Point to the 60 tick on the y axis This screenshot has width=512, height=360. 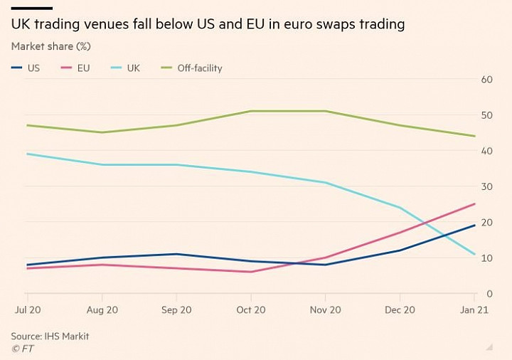coord(487,79)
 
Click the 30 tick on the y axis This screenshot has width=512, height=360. coord(487,186)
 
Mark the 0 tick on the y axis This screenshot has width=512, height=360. coord(490,294)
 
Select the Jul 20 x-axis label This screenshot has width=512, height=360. coord(26,310)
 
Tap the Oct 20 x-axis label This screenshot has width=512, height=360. coord(250,310)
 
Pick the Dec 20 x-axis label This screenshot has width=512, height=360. coord(400,310)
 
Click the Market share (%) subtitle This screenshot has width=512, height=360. coord(55,46)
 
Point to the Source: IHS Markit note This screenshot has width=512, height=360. coord(50,336)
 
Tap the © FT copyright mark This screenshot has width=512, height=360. coord(22,348)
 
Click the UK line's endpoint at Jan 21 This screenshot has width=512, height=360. coord(474,254)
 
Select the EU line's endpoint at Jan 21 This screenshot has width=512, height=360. coord(474,204)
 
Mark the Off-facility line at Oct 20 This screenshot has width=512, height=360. coord(250,111)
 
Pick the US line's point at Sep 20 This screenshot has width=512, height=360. coord(176,254)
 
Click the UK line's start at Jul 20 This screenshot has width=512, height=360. coord(26,154)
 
